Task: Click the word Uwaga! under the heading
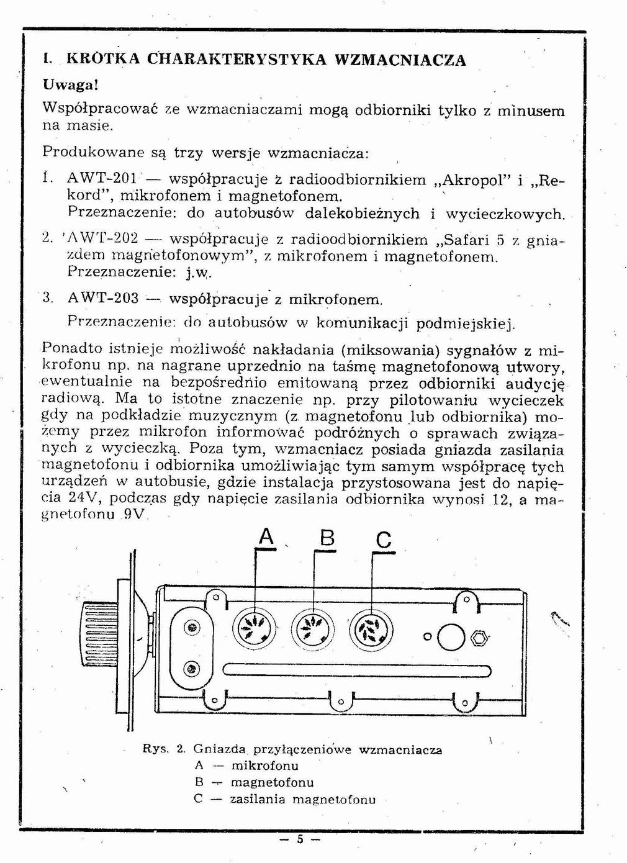click(x=71, y=84)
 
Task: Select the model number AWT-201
click(x=102, y=179)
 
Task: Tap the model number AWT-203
click(x=102, y=299)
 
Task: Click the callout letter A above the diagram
click(x=266, y=536)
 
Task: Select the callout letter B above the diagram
click(x=327, y=538)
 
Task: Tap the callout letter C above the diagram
click(x=384, y=540)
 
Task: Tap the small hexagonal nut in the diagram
click(x=479, y=638)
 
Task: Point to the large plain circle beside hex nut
click(x=451, y=637)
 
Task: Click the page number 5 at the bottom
click(x=300, y=839)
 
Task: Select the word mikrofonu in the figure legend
click(x=264, y=766)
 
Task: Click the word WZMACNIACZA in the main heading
click(x=400, y=60)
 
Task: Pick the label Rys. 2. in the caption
click(x=164, y=749)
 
